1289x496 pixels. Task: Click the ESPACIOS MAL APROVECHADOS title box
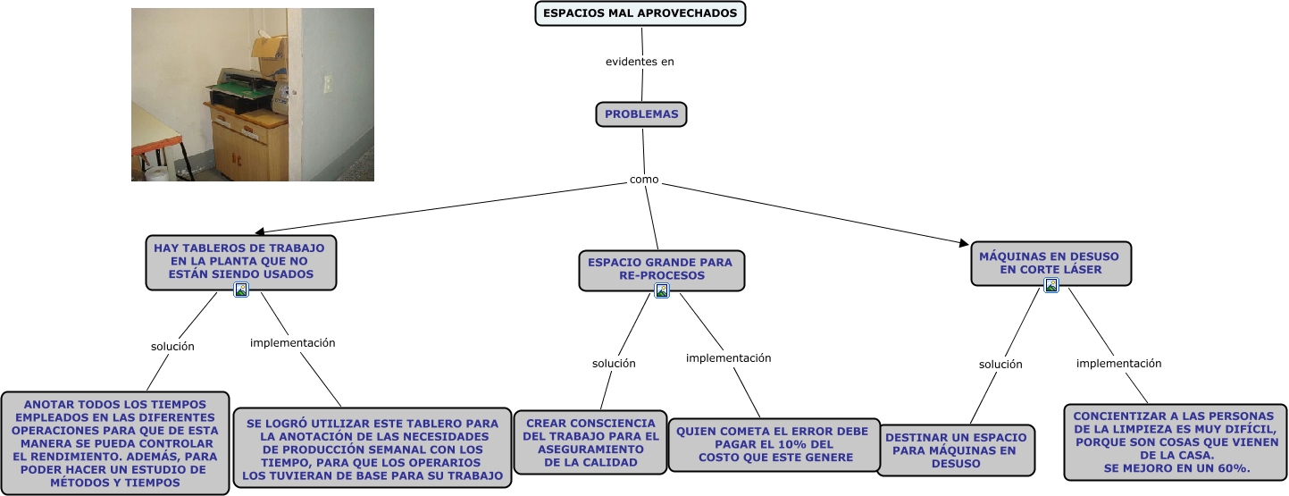point(640,13)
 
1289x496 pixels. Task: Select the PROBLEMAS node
point(641,114)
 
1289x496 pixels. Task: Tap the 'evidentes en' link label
point(640,62)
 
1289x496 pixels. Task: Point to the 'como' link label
point(644,180)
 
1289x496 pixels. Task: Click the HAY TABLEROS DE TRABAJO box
point(240,260)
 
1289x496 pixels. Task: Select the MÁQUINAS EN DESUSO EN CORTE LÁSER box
point(1050,262)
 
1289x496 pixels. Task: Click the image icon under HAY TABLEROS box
point(240,290)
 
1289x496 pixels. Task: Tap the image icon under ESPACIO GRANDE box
point(662,290)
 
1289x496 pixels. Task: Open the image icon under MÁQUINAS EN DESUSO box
point(1051,285)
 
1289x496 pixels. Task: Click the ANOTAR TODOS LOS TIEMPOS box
point(114,443)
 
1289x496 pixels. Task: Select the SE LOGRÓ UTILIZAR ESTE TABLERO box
point(372,449)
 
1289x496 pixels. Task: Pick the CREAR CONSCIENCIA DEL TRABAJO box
point(590,442)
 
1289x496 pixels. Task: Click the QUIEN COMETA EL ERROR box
point(774,444)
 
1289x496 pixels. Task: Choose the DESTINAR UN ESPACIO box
point(956,450)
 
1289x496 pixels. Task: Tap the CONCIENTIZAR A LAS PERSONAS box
point(1175,442)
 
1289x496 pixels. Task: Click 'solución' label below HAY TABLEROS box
point(172,347)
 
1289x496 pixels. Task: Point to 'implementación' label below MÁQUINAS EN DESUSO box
point(1118,364)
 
